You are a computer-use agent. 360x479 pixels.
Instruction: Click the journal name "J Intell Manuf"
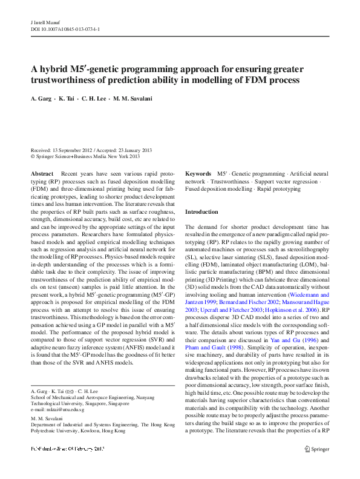point(45,22)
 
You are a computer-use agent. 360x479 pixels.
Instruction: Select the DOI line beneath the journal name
point(65,28)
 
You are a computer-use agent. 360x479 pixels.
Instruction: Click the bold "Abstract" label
point(42,174)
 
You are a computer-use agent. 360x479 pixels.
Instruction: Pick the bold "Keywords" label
point(198,174)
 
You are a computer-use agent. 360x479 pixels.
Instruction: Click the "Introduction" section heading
point(201,212)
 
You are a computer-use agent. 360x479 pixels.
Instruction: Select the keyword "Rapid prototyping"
point(279,189)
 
